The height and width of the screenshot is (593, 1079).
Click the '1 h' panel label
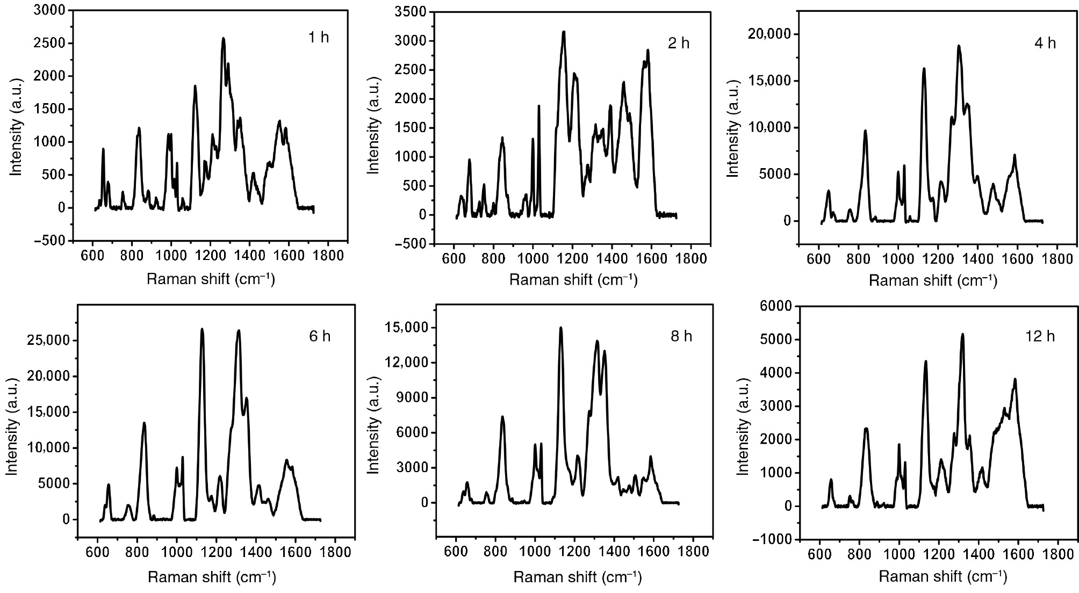click(318, 38)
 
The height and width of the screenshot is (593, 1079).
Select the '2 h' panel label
click(678, 44)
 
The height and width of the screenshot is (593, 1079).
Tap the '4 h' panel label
click(1045, 44)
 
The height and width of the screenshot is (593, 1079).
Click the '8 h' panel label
click(681, 336)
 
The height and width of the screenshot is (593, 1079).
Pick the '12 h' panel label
click(1040, 336)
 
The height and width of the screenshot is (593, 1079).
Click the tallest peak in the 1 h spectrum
click(223, 39)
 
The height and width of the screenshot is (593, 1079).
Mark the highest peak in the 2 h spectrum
click(564, 32)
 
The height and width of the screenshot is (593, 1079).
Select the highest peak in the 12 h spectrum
click(962, 335)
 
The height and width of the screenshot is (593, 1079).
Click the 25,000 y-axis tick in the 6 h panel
click(48, 341)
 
